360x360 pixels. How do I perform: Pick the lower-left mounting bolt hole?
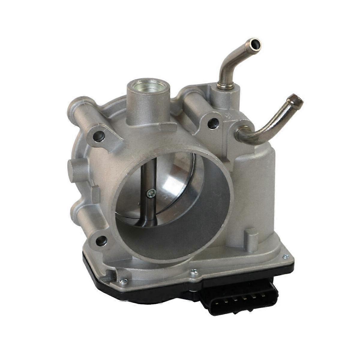tap(102, 240)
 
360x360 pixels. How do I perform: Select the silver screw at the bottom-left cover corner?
tap(123, 281)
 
